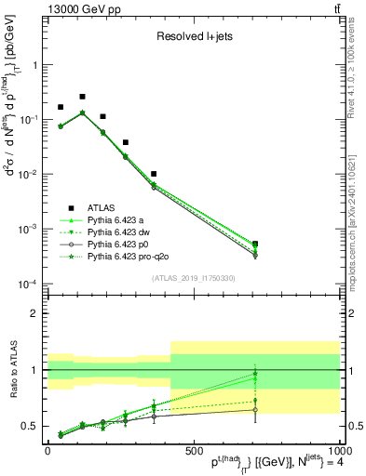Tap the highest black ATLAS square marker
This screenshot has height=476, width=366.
click(x=82, y=97)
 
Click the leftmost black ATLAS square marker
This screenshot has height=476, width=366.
click(x=61, y=108)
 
